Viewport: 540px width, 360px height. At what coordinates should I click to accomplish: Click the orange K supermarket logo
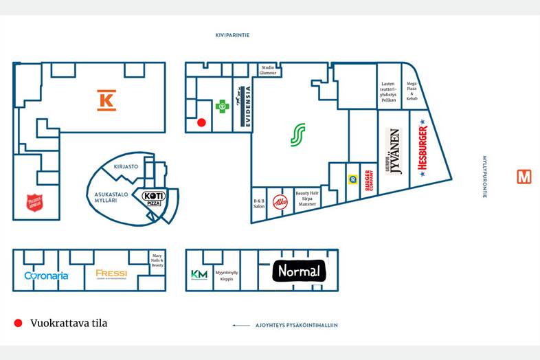(106, 100)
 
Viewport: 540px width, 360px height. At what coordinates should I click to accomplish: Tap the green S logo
(297, 135)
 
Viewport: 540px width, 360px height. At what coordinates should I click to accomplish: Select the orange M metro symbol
(524, 177)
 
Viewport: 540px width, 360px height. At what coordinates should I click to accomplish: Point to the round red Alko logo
(280, 203)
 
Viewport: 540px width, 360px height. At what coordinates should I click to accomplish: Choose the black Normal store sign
(299, 271)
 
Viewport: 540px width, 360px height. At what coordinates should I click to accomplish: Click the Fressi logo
(111, 273)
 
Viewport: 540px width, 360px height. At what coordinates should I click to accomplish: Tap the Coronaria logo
(46, 275)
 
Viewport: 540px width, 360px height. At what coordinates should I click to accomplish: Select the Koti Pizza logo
(153, 198)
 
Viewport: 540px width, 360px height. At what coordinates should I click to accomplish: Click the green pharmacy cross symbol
(221, 106)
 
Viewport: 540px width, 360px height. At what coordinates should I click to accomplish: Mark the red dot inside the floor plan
(201, 122)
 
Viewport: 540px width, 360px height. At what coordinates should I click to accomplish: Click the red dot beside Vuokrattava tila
(18, 323)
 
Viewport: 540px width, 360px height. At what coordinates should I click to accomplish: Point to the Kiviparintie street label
(232, 34)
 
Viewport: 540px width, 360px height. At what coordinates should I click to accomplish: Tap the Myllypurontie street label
(484, 177)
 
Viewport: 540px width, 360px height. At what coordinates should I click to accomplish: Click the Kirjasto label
(126, 166)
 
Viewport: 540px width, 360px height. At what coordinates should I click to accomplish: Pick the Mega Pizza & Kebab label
(412, 91)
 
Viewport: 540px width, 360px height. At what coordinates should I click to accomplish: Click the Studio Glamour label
(268, 69)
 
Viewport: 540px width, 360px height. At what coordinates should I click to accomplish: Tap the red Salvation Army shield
(34, 203)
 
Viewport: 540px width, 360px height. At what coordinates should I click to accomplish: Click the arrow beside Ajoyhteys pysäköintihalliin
(240, 325)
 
